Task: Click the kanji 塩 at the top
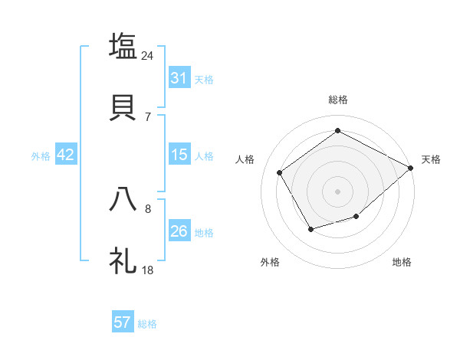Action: [123, 46]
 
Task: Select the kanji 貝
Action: [123, 106]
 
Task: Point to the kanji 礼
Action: [123, 260]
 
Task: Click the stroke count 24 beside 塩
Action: [148, 56]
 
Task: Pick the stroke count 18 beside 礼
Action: [148, 270]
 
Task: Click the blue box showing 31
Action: [179, 78]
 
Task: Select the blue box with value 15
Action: [179, 155]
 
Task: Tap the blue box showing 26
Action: [179, 231]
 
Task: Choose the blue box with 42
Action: [66, 155]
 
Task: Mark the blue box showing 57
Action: [123, 322]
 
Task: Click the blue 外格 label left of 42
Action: [41, 155]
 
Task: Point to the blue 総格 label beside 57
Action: [147, 324]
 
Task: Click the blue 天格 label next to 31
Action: [204, 80]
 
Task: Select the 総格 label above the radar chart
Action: [337, 100]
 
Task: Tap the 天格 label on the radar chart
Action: [431, 159]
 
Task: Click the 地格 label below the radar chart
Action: [402, 262]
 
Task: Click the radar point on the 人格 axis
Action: [280, 172]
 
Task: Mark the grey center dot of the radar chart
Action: [337, 191]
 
